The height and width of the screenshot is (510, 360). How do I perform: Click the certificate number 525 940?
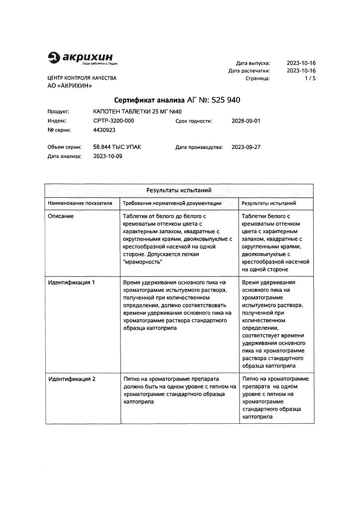(226, 100)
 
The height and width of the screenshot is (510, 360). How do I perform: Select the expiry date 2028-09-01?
(246, 121)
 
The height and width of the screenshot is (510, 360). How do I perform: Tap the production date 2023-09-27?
(246, 147)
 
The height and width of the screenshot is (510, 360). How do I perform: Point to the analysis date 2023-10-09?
(108, 156)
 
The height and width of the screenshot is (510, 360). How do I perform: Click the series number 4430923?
(105, 130)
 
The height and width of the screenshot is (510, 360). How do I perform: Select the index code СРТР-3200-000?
(114, 121)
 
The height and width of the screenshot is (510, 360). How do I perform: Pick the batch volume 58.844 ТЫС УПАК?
(117, 147)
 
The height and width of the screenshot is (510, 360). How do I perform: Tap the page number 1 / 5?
(310, 79)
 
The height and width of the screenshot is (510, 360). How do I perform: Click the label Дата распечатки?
(249, 71)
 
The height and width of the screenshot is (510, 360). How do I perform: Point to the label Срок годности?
(194, 121)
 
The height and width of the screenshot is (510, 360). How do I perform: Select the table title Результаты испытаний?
(179, 190)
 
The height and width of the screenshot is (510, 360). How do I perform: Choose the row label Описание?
(61, 216)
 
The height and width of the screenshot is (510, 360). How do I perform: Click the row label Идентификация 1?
(71, 282)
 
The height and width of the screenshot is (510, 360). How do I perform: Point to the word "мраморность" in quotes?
(142, 261)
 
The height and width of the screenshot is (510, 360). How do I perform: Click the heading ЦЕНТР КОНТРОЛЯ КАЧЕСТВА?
(82, 79)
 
